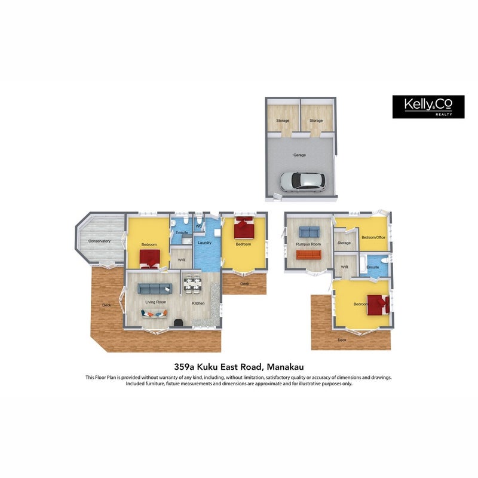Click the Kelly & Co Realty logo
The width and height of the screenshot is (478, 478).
coord(428,107)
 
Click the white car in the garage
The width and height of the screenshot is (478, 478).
coord(302,182)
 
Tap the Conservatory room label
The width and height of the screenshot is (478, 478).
coord(99,241)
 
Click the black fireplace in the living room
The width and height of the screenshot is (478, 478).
coord(178,323)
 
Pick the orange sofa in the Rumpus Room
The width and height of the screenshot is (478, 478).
coord(308,255)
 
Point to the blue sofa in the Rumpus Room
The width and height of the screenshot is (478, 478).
coord(309,232)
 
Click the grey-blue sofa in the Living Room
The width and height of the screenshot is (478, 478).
coord(155,289)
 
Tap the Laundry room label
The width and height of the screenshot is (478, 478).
coord(204,243)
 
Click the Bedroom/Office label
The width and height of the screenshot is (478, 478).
coord(373,237)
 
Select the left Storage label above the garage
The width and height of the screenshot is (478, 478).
coord(283,121)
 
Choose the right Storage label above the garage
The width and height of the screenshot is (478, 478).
coord(316,121)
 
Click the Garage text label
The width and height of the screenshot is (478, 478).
coord(299,155)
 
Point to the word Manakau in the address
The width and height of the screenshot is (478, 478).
coord(285,366)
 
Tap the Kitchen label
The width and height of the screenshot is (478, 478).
coord(198,304)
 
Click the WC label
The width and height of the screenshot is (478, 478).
coord(199,226)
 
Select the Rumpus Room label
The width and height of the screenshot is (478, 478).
coord(308,244)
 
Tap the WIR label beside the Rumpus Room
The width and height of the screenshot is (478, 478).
coord(345,267)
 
